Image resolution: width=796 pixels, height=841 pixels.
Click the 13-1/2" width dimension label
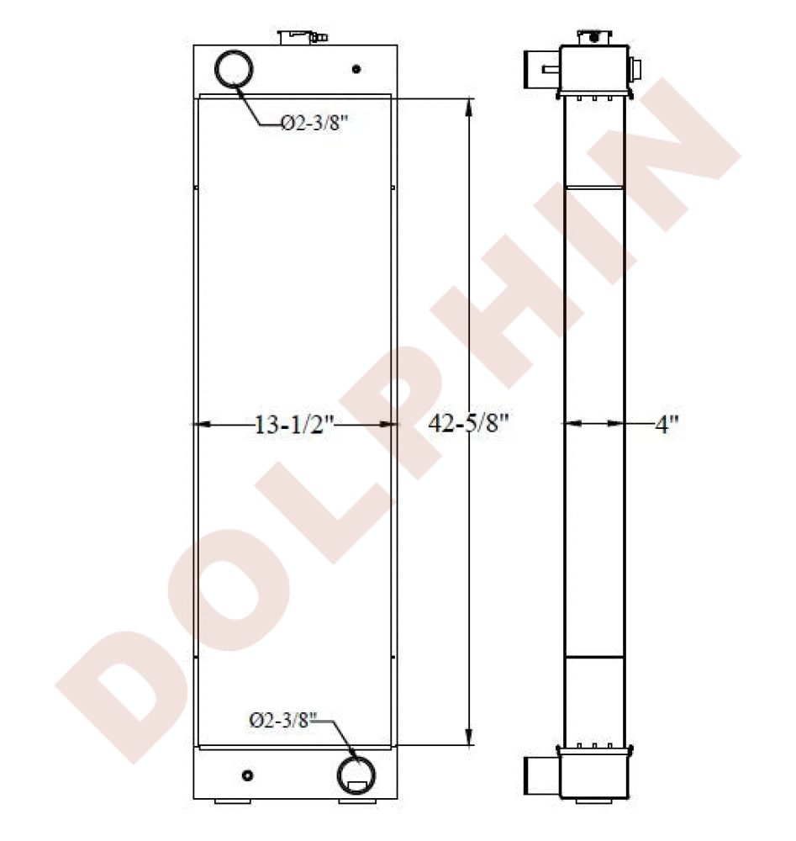293,426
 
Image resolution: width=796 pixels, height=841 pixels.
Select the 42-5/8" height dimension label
468,424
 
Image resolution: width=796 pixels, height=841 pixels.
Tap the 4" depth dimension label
667,426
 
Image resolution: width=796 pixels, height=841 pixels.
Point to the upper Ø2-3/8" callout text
314,124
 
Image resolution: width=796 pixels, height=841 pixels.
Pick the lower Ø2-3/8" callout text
283,721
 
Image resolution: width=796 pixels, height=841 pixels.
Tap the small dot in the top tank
356,69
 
